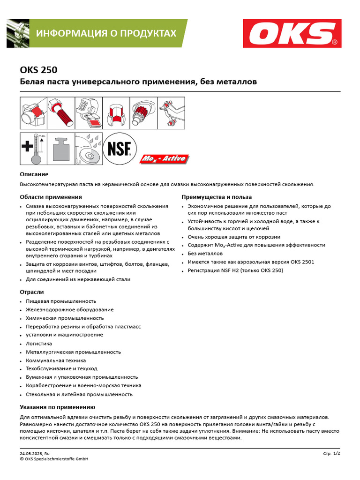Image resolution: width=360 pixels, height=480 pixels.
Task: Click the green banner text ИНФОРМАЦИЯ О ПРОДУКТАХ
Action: (x=106, y=33)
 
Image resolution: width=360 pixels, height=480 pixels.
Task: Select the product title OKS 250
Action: (x=38, y=70)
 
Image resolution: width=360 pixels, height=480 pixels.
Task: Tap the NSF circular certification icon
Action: (x=120, y=148)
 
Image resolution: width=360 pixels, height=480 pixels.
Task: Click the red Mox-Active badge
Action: (x=164, y=159)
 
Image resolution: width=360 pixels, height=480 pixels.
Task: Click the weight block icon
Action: (x=61, y=149)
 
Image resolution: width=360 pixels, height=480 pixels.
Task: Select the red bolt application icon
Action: (x=61, y=114)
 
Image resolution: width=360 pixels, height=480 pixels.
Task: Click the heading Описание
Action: (x=34, y=174)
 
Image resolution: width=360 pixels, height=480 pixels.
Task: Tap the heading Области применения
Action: (x=51, y=197)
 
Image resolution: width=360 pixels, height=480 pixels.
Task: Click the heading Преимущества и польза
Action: (x=217, y=197)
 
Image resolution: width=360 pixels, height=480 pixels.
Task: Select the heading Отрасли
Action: (x=32, y=292)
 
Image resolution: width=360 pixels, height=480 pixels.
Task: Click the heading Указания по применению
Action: (x=57, y=407)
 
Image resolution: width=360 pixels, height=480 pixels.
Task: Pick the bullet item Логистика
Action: (x=39, y=344)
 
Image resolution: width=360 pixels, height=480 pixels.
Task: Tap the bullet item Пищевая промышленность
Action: (x=61, y=301)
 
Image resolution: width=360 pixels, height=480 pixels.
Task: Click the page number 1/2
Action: (x=336, y=453)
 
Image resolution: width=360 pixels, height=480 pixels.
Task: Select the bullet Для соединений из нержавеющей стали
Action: (x=78, y=279)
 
